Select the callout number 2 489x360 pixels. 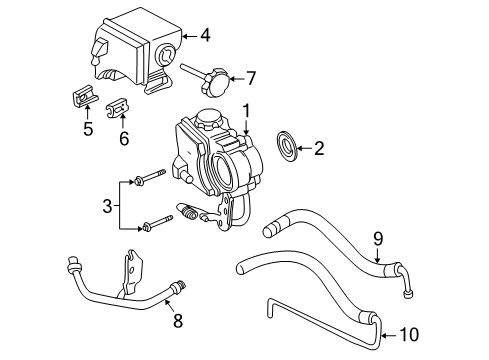(319, 149)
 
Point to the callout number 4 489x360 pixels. (204, 36)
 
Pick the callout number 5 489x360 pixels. (87, 128)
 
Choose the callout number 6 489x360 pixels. (124, 138)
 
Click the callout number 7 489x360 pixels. (251, 76)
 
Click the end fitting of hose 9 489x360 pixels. (408, 288)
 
